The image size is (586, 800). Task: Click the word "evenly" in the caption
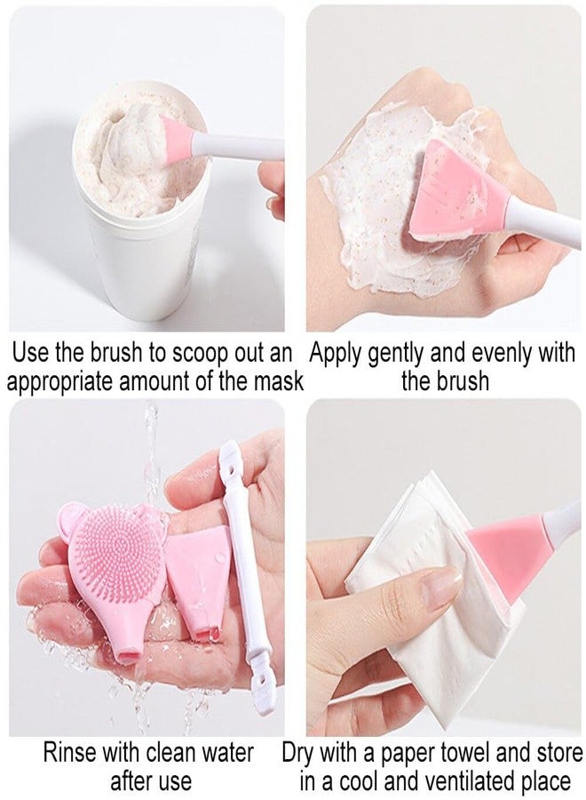click(x=502, y=353)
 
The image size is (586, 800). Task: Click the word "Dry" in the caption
click(x=301, y=753)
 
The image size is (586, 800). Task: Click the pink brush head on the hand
click(x=457, y=200)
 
